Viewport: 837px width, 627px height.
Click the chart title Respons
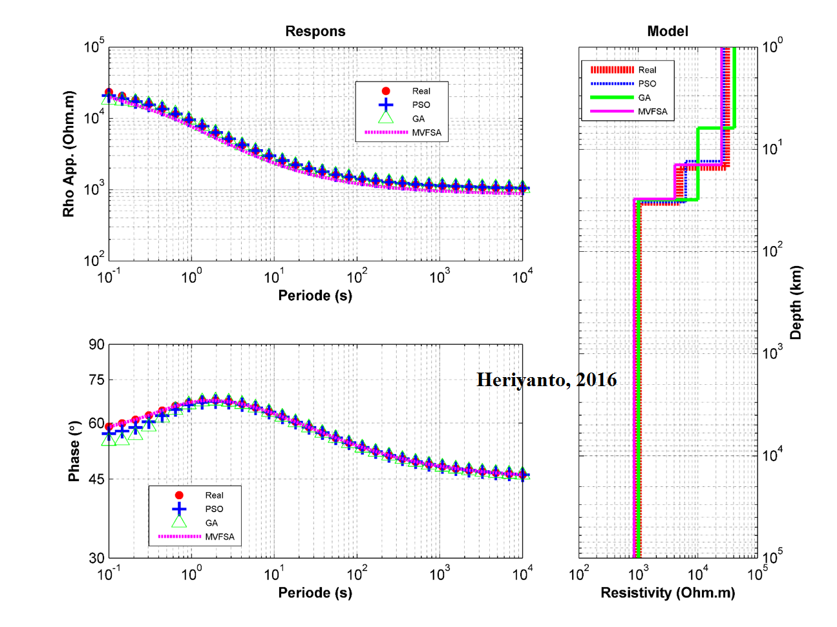[315, 32]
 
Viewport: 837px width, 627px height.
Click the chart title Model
[668, 32]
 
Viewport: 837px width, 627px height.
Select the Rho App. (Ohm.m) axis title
[69, 154]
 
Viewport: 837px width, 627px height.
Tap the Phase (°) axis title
[74, 451]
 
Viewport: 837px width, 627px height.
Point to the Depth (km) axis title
[796, 303]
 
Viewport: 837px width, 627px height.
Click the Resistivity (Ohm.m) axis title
[668, 593]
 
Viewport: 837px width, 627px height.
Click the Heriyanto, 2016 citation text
[547, 380]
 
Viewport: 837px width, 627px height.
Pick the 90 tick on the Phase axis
[96, 344]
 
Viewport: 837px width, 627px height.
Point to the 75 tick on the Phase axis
[96, 380]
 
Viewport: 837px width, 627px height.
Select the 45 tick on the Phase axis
[96, 479]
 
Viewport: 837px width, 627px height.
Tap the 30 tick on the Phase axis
[96, 557]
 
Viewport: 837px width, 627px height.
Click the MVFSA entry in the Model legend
[652, 112]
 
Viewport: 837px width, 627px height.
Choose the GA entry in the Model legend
[644, 98]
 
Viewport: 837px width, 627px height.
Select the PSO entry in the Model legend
[647, 84]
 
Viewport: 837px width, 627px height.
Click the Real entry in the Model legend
[647, 70]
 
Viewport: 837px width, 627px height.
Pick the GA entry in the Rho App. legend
[418, 119]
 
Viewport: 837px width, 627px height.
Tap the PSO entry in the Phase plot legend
[214, 509]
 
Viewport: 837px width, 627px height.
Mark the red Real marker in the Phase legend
[179, 495]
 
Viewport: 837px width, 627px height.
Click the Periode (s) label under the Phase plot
[315, 593]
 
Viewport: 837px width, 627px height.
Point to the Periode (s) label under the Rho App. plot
[315, 296]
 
